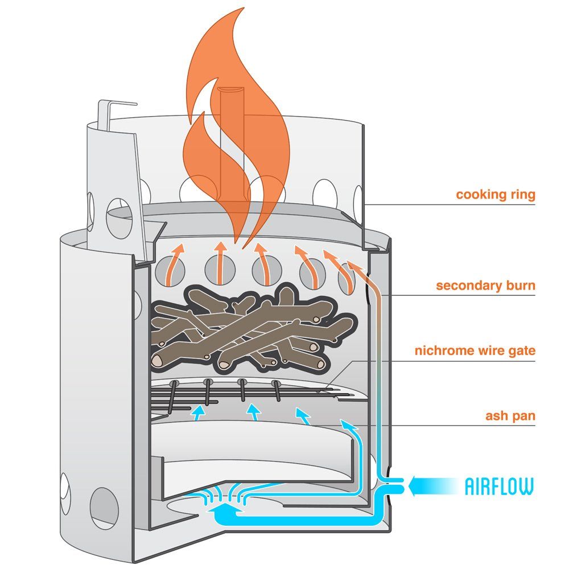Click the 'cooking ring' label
point(495,195)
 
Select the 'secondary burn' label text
point(485,285)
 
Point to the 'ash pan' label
point(510,416)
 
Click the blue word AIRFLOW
point(500,486)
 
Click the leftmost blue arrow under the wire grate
point(198,413)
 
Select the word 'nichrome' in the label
point(442,351)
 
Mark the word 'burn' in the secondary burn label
point(518,285)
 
